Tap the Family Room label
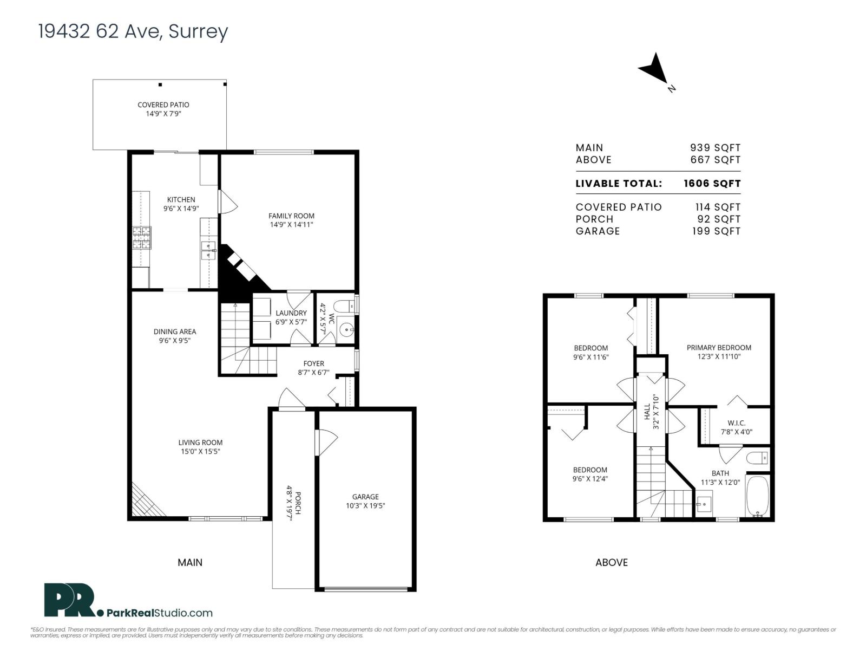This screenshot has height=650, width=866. [x=291, y=216]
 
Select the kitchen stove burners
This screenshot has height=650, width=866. [x=142, y=238]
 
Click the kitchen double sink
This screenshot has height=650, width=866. [x=208, y=251]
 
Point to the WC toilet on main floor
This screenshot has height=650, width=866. [x=344, y=306]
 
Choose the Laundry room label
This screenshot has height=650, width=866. [x=291, y=313]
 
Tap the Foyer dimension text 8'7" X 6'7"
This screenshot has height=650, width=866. [x=313, y=372]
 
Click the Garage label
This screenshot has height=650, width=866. [x=365, y=497]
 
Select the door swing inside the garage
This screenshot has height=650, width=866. [x=327, y=443]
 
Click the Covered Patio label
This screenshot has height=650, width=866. [x=163, y=105]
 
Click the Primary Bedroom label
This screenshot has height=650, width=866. [x=719, y=348]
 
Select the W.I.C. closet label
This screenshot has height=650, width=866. [x=736, y=423]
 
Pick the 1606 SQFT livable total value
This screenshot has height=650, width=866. [x=712, y=184]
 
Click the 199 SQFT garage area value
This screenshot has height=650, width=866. [x=717, y=231]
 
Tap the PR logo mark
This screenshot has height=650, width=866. [x=70, y=600]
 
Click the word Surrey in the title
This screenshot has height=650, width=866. [x=198, y=31]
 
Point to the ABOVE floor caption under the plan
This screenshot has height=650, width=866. [x=612, y=563]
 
